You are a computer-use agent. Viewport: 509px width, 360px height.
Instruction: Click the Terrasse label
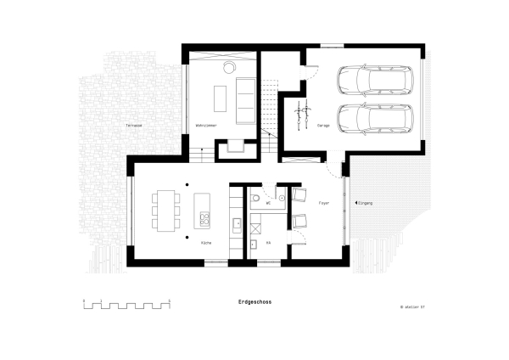[x=133, y=126]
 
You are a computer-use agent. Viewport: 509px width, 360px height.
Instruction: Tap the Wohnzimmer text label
[x=208, y=126]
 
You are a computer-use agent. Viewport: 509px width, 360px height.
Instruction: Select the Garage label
[x=323, y=126]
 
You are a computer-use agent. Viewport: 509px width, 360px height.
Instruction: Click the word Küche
[x=206, y=244]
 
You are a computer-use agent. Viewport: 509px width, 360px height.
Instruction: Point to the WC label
[x=268, y=204]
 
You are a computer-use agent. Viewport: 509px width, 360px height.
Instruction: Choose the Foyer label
[x=323, y=204]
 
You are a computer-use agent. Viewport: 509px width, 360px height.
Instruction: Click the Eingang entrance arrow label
[x=364, y=204]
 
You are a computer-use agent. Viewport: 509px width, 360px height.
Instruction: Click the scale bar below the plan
[x=127, y=304]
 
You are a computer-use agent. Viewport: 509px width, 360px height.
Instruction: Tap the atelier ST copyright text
[x=411, y=306]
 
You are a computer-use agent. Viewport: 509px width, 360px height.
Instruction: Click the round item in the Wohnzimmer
[x=230, y=66]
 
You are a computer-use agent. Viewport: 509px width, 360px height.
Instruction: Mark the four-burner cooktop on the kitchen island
[x=204, y=219]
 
